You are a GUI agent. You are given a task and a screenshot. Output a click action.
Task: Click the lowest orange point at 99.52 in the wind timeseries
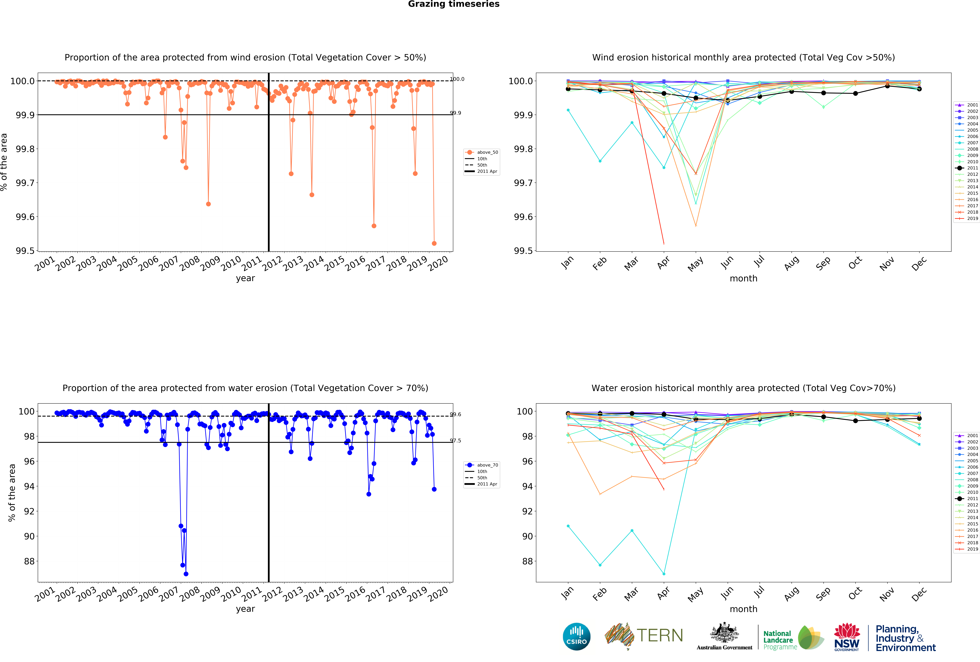[x=434, y=243]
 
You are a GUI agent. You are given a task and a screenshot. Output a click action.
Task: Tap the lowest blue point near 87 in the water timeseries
[x=186, y=574]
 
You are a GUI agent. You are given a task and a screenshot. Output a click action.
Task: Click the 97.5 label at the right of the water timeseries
[x=455, y=441]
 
